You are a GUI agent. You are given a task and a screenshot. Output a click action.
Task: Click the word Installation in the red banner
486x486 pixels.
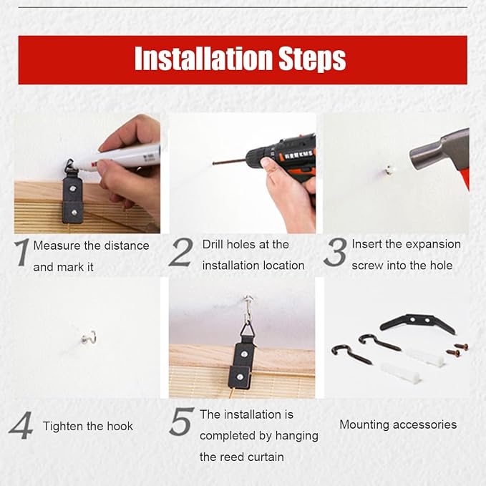pyautogui.click(x=203, y=59)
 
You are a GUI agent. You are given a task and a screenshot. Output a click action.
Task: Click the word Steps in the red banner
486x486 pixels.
pyautogui.click(x=312, y=59)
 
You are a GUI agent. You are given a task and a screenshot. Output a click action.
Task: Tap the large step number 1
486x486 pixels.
pyautogui.click(x=22, y=252)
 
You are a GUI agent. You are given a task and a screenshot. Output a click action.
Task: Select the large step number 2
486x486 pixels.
pyautogui.click(x=181, y=252)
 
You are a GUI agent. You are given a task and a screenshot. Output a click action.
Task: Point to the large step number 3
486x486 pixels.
pyautogui.click(x=335, y=252)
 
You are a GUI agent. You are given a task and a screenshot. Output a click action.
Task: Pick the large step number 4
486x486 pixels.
pyautogui.click(x=21, y=425)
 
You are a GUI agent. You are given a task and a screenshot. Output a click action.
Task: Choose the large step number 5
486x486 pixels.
pyautogui.click(x=182, y=422)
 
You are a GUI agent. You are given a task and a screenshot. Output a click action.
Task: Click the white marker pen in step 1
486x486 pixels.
pyautogui.click(x=118, y=157)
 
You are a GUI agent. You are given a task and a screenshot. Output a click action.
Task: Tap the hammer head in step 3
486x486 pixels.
pyautogui.click(x=439, y=150)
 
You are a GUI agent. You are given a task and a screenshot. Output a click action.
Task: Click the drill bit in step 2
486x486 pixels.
pyautogui.click(x=230, y=162)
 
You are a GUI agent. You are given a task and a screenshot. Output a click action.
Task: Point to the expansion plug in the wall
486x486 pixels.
pyautogui.click(x=389, y=170)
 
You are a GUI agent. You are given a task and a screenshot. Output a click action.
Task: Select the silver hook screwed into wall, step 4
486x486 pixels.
pyautogui.click(x=89, y=338)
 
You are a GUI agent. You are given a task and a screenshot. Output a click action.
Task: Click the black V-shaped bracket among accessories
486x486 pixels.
pyautogui.click(x=418, y=323)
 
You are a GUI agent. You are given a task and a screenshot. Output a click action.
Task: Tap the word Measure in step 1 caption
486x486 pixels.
pyautogui.click(x=57, y=246)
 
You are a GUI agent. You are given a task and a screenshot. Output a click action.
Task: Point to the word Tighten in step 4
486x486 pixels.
pyautogui.click(x=63, y=426)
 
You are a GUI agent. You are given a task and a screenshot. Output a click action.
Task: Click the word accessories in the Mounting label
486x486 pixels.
pyautogui.click(x=425, y=424)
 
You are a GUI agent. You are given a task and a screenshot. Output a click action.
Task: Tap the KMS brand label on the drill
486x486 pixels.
pyautogui.click(x=298, y=154)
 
